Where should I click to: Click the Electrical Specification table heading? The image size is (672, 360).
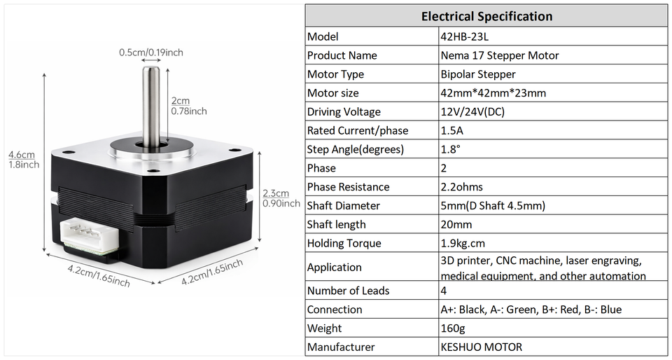(x=486, y=16)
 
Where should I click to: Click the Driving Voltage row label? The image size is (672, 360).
(x=344, y=112)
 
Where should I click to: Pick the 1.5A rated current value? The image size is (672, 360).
(x=452, y=131)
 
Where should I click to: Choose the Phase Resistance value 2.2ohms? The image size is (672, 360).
(x=461, y=187)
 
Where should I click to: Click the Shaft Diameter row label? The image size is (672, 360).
(x=344, y=206)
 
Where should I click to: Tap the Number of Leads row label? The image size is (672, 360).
(x=349, y=291)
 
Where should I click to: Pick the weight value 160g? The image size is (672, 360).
(x=453, y=328)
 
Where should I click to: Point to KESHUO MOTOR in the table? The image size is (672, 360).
(x=481, y=347)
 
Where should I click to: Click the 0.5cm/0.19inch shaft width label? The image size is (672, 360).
(x=150, y=53)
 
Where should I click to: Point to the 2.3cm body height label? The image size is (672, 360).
(x=281, y=198)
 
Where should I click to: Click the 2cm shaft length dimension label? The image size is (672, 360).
(x=188, y=106)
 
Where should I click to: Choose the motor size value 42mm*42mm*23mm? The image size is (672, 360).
(x=493, y=93)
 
